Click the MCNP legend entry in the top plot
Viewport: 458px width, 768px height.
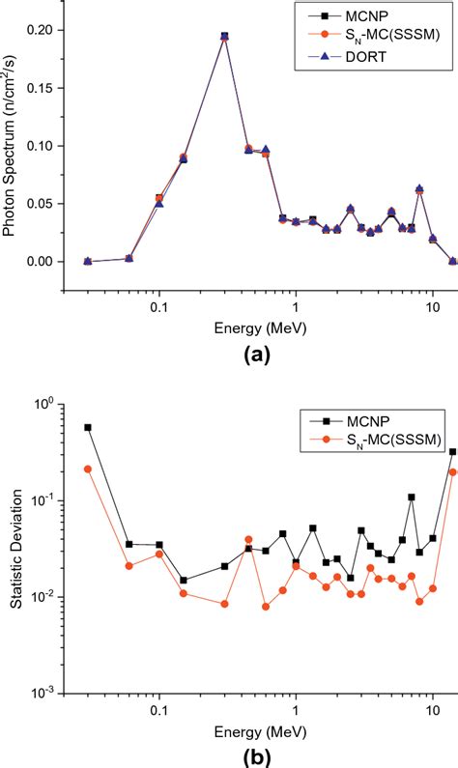click(386, 16)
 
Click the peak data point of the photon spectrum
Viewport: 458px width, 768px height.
click(224, 36)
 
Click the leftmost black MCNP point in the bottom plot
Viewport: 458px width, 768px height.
click(88, 427)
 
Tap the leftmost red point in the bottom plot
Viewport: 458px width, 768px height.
click(88, 469)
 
